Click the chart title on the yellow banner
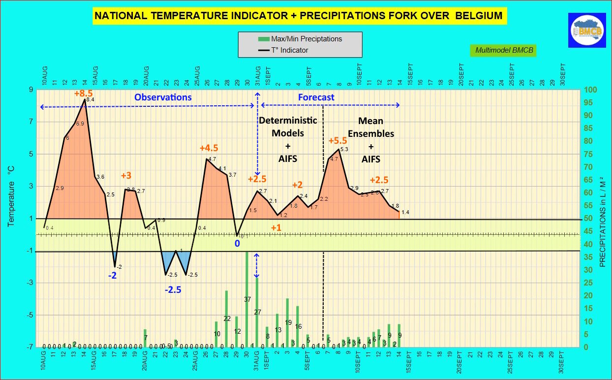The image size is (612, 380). (299, 16)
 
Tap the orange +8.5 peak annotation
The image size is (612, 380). (83, 93)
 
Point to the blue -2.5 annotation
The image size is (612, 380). (172, 289)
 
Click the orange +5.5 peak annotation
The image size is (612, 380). (338, 141)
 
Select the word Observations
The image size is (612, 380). (163, 97)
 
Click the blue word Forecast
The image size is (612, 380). (316, 97)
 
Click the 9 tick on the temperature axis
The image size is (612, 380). (31, 90)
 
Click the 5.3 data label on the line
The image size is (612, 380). (344, 149)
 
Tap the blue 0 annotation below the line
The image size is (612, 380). (237, 244)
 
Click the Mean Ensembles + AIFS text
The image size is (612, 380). (370, 140)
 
